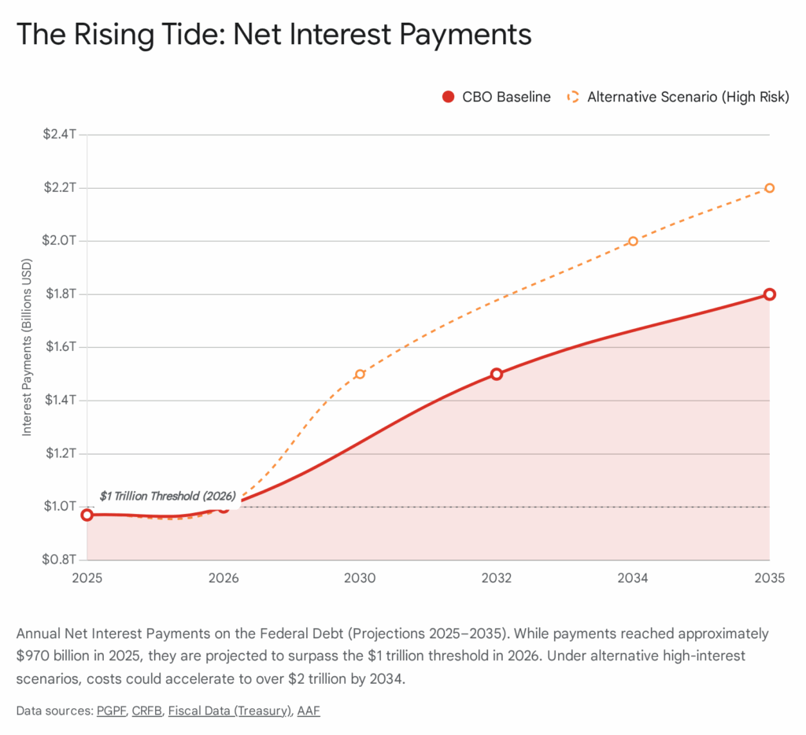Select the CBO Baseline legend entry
pos(496,97)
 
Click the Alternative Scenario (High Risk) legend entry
pos(677,97)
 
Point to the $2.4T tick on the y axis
pos(60,135)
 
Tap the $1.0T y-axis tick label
pos(60,507)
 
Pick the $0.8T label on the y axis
pos(60,560)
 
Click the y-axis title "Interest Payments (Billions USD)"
pos(27,347)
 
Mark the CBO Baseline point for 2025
pos(87,515)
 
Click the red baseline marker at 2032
pos(497,374)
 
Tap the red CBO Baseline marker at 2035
pos(770,294)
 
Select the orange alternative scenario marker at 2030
pos(360,374)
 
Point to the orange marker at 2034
pos(633,241)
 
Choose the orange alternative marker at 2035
pos(770,188)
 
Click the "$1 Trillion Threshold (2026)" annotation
pos(168,497)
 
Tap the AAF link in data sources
pos(309,711)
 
